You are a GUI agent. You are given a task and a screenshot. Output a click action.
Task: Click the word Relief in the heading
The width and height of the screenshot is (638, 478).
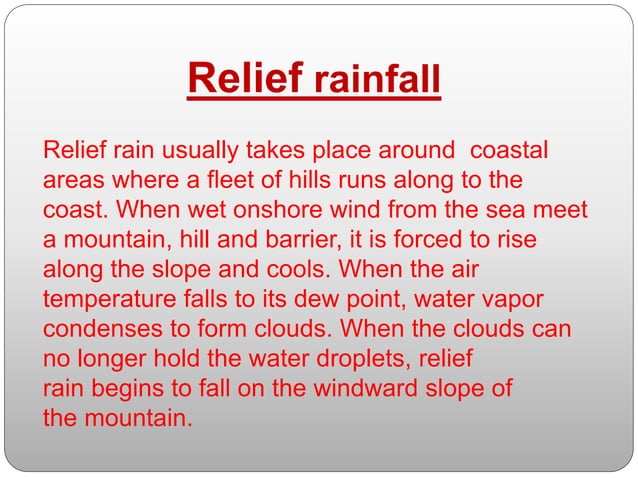245,80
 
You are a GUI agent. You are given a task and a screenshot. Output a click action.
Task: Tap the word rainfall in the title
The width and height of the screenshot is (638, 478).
377,82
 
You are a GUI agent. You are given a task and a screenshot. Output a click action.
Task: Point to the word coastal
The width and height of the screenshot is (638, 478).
509,153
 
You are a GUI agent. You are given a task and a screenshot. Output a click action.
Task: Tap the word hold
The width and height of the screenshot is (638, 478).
184,359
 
